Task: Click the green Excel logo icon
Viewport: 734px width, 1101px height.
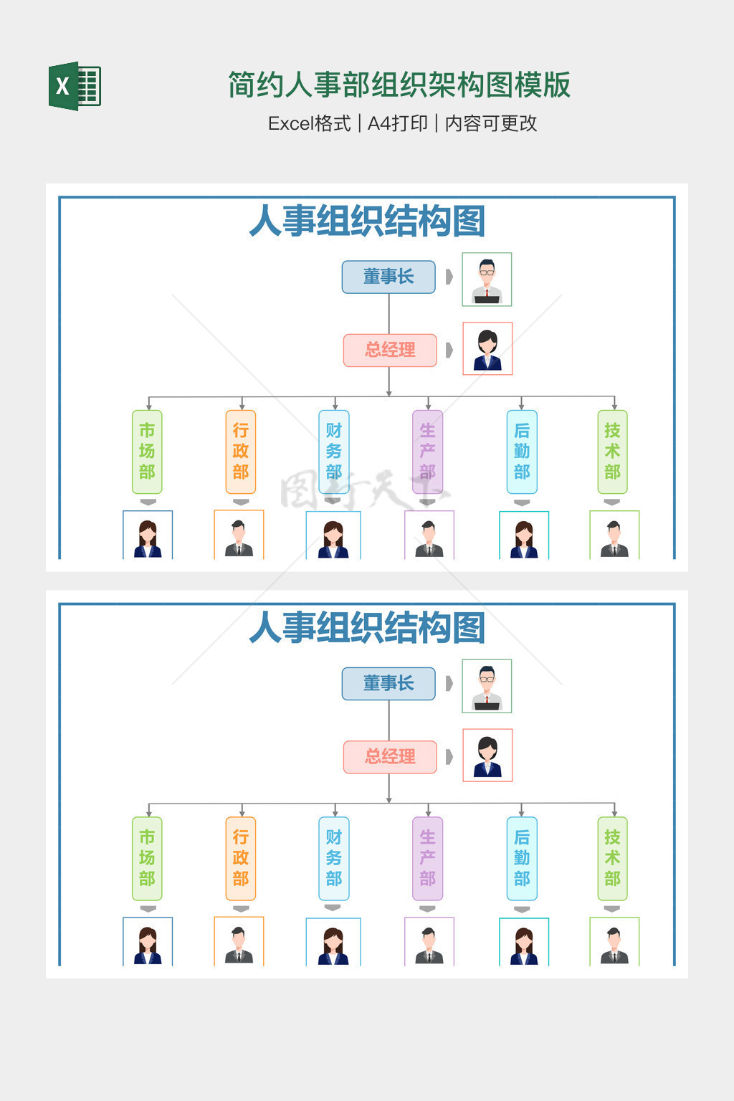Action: tap(75, 86)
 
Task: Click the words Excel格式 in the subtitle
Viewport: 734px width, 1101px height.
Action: tap(309, 123)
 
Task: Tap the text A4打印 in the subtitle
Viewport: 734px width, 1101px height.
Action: tap(397, 123)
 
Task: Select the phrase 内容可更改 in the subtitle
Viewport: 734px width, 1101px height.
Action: tap(491, 123)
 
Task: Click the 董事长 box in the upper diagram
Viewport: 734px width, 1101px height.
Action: tap(389, 277)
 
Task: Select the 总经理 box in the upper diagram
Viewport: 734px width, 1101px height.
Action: tap(390, 350)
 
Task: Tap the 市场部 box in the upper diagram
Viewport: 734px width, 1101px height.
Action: tap(147, 452)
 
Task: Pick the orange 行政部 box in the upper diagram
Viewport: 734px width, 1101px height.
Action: tap(241, 452)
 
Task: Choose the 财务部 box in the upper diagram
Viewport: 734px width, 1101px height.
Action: tap(334, 452)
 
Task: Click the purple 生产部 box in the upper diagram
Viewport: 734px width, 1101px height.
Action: tap(428, 452)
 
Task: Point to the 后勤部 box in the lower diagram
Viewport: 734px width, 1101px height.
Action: tap(522, 858)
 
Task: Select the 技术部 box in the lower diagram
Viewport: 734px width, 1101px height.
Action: tap(612, 858)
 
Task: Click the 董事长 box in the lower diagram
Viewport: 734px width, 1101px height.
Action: tap(389, 683)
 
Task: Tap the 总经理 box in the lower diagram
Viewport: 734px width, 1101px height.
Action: tap(390, 756)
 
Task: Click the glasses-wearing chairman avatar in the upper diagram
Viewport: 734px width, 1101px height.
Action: tap(487, 279)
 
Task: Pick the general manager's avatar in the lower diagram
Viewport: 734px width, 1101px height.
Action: tap(487, 755)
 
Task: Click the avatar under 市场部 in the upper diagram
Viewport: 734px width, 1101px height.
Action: tap(148, 535)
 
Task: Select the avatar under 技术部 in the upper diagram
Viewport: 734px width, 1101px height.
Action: tap(614, 535)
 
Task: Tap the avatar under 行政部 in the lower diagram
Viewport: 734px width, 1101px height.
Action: tap(239, 942)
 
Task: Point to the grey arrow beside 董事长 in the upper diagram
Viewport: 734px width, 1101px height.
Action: tap(449, 277)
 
